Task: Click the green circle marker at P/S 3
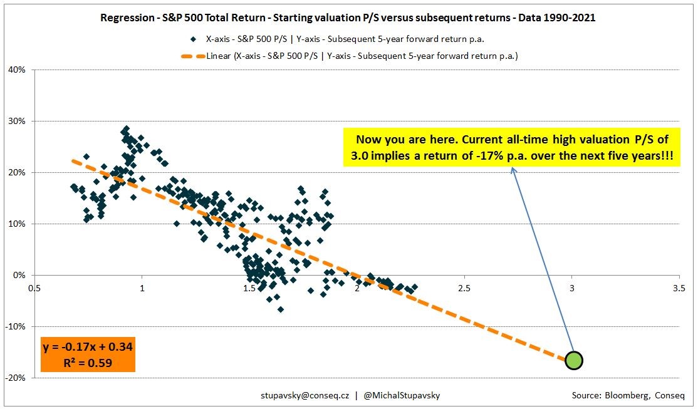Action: tap(574, 360)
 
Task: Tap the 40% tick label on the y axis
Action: tap(17, 70)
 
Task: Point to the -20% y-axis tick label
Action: tap(16, 378)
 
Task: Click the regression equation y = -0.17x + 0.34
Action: tap(87, 346)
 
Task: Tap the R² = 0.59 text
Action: tap(87, 362)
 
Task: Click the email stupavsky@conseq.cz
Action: tap(305, 396)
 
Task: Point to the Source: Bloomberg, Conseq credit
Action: tap(628, 396)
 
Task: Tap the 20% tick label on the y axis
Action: tap(17, 172)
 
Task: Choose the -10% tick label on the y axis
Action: tap(16, 326)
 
